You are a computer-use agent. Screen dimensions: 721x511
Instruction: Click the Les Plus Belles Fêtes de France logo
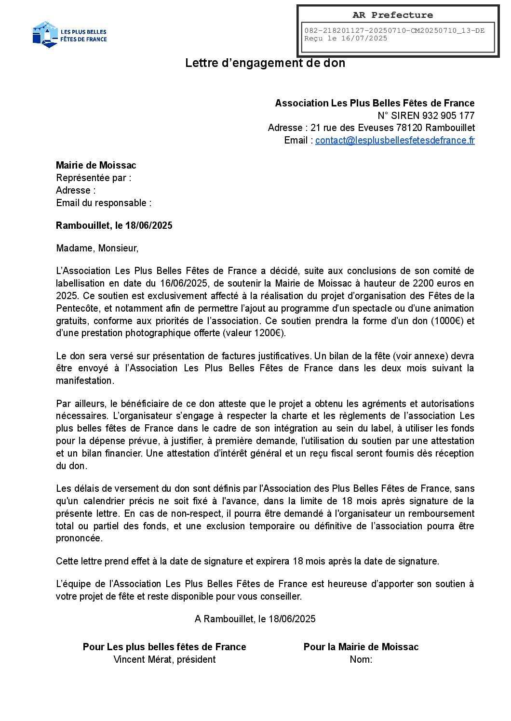69,35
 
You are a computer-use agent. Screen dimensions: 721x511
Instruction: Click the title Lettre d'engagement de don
265,63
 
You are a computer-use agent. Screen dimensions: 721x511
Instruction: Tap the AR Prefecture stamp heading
392,15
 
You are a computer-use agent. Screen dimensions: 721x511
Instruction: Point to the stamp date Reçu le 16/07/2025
346,39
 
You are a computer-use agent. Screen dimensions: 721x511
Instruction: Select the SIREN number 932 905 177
448,116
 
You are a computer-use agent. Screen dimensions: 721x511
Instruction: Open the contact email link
395,140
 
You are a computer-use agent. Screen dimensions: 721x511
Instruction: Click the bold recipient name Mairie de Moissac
96,165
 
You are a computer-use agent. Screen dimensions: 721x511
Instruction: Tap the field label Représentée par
94,178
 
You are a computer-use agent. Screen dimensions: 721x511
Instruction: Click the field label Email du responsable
104,203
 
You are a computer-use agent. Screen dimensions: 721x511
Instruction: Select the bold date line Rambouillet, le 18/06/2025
114,225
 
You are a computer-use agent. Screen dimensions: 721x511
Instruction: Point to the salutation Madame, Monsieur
97,248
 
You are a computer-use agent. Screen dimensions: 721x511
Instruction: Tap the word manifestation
85,380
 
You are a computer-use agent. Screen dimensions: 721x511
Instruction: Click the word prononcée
79,538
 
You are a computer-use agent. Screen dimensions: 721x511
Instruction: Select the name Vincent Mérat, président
164,659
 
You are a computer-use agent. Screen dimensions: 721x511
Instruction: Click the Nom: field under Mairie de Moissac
361,659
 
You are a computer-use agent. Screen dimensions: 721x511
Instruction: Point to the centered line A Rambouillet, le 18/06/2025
255,619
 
